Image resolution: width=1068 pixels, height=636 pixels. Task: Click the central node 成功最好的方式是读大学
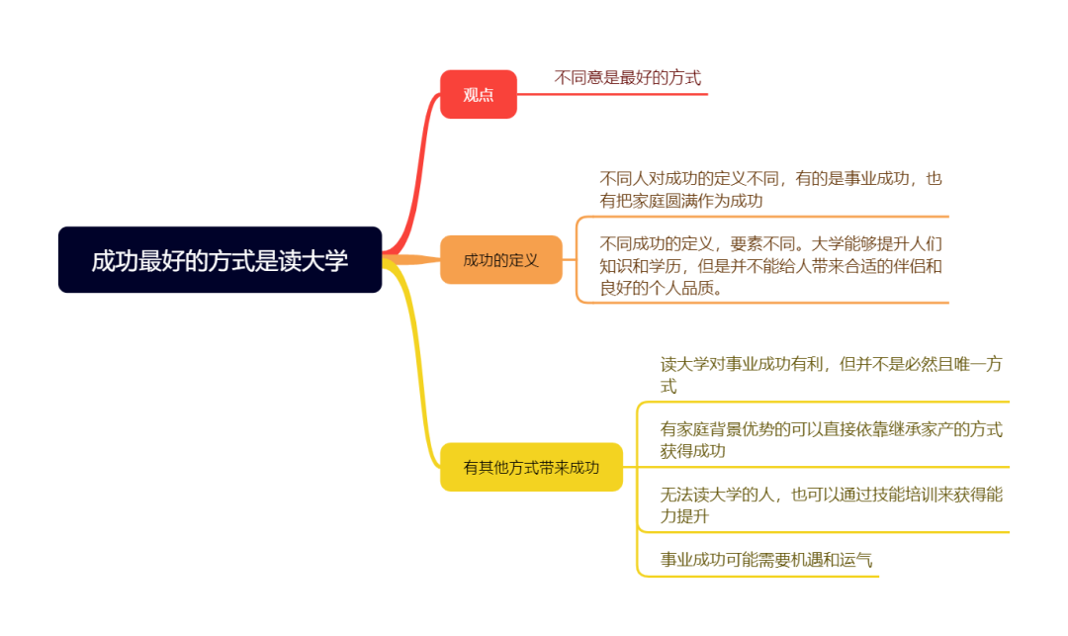point(220,259)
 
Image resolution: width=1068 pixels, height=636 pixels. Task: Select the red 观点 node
point(479,94)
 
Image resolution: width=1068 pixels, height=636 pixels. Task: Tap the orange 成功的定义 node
point(500,259)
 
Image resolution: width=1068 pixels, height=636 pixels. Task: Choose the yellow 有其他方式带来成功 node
point(531,467)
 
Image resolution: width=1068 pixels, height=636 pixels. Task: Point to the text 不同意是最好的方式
point(627,77)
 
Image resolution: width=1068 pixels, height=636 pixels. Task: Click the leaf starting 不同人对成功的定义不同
point(770,189)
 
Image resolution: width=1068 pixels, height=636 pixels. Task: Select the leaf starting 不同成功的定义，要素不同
point(770,265)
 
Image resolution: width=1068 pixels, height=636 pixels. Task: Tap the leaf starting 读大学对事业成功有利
point(831,375)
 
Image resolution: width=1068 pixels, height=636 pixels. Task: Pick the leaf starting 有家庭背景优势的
point(831,440)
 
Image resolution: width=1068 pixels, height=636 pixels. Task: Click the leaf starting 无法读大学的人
point(831,504)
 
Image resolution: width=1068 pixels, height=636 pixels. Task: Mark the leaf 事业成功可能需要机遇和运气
point(766,560)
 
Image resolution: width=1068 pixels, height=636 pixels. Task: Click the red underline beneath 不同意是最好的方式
point(612,94)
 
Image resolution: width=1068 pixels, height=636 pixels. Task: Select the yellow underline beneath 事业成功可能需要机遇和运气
point(758,576)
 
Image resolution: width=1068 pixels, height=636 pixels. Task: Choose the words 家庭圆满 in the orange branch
point(665,200)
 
